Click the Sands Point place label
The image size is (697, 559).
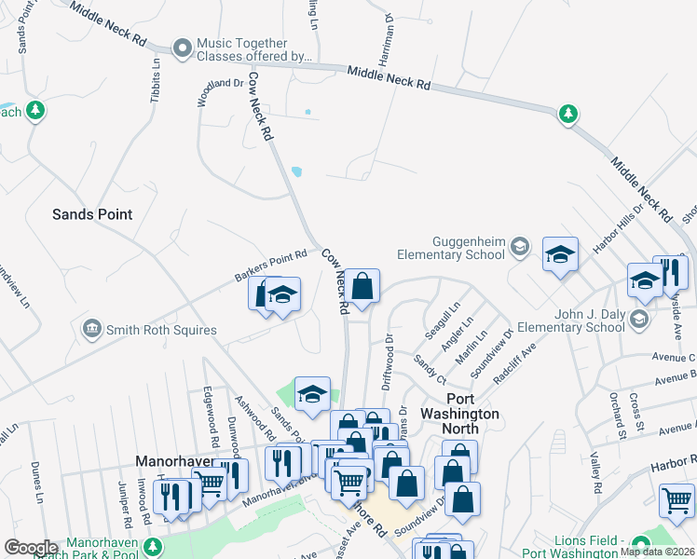(x=91, y=214)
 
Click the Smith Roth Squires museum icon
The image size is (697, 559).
(x=91, y=329)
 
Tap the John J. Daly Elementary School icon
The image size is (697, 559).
(x=638, y=320)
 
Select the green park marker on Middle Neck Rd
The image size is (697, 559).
(x=567, y=115)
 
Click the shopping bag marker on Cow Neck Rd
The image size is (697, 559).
(x=363, y=286)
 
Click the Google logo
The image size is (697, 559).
(x=31, y=548)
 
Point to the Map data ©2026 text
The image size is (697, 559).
(x=657, y=552)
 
